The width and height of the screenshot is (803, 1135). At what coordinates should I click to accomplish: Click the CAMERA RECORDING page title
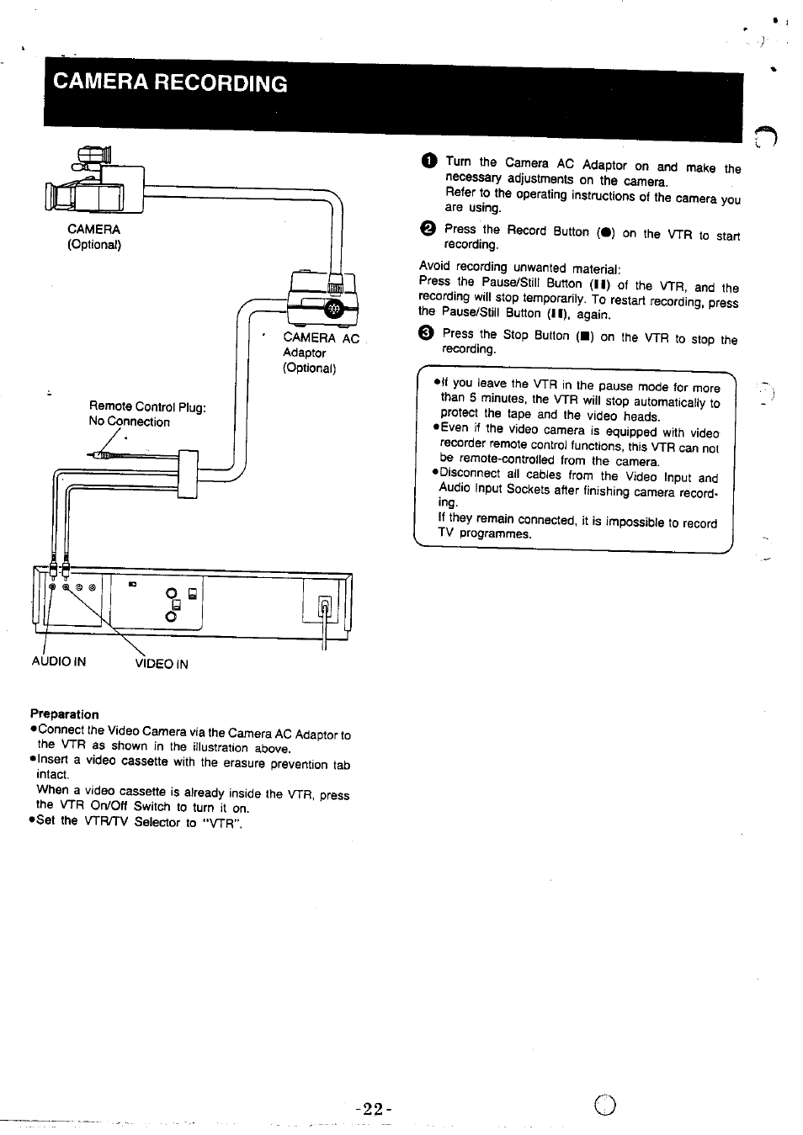click(x=169, y=83)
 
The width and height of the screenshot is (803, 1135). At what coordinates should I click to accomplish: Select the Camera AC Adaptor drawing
click(x=322, y=300)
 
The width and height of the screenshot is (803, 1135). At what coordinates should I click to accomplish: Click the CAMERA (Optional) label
click(x=93, y=237)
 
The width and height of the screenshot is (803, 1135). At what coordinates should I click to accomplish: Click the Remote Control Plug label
click(x=147, y=407)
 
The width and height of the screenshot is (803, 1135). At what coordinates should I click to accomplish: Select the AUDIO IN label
click(x=59, y=661)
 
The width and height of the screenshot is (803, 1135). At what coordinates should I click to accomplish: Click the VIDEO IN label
click(x=162, y=664)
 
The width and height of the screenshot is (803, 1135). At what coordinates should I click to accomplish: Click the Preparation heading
click(x=64, y=714)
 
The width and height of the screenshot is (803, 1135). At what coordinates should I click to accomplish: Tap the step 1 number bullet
click(x=428, y=162)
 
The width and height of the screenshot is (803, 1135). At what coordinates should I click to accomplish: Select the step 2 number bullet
click(x=428, y=229)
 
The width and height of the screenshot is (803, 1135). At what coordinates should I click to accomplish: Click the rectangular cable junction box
click(x=187, y=475)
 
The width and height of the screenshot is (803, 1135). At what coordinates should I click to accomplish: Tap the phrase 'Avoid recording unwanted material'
click(x=519, y=268)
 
